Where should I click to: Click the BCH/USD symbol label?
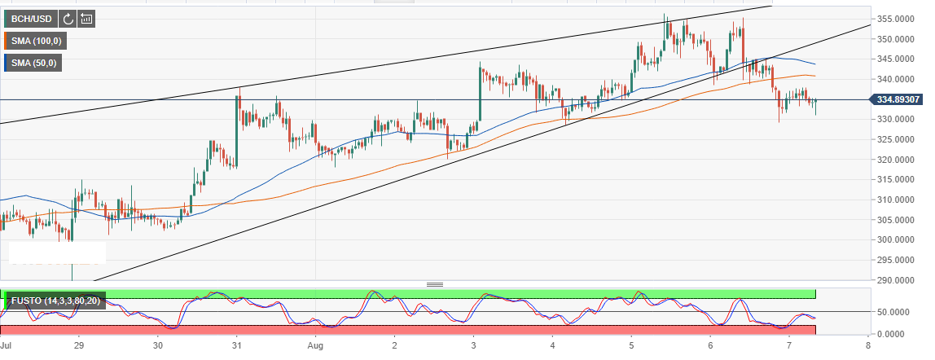coord(31,18)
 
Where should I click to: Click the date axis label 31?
coord(236,345)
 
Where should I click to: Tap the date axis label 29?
coord(78,345)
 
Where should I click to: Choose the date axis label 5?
coord(631,345)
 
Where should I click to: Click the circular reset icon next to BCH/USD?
coord(68,18)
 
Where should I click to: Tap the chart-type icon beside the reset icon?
coord(86,18)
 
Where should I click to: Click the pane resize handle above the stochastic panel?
coord(434,284)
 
